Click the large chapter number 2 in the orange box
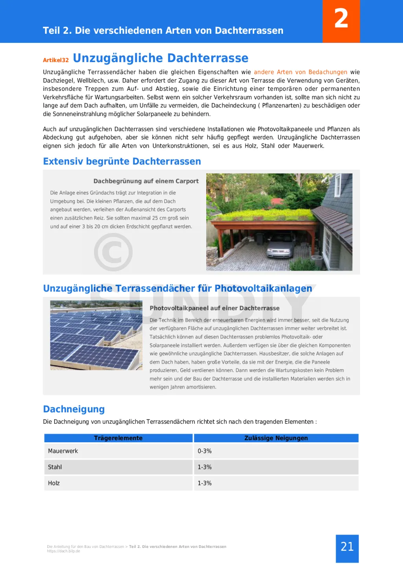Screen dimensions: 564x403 (341, 19)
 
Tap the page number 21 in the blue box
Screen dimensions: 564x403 (347, 547)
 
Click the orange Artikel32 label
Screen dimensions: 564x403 (56, 60)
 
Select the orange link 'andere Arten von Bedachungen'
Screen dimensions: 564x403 (300, 72)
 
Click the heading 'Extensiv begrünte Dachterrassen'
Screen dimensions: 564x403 (122, 161)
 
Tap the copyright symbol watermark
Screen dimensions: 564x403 (113, 252)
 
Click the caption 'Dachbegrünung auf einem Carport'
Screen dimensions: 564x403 (146, 181)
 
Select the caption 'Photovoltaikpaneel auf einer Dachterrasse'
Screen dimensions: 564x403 (214, 308)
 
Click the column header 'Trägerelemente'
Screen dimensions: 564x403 (118, 438)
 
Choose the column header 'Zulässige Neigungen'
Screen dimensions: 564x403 (276, 438)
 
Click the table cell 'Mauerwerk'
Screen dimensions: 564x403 (63, 451)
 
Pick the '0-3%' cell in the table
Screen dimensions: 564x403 (205, 451)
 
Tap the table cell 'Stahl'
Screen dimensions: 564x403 (55, 467)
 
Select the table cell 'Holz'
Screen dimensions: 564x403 (54, 483)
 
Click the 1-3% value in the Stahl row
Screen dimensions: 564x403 (205, 467)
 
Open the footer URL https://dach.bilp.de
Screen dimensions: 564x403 (63, 551)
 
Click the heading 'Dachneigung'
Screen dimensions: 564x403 (74, 409)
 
